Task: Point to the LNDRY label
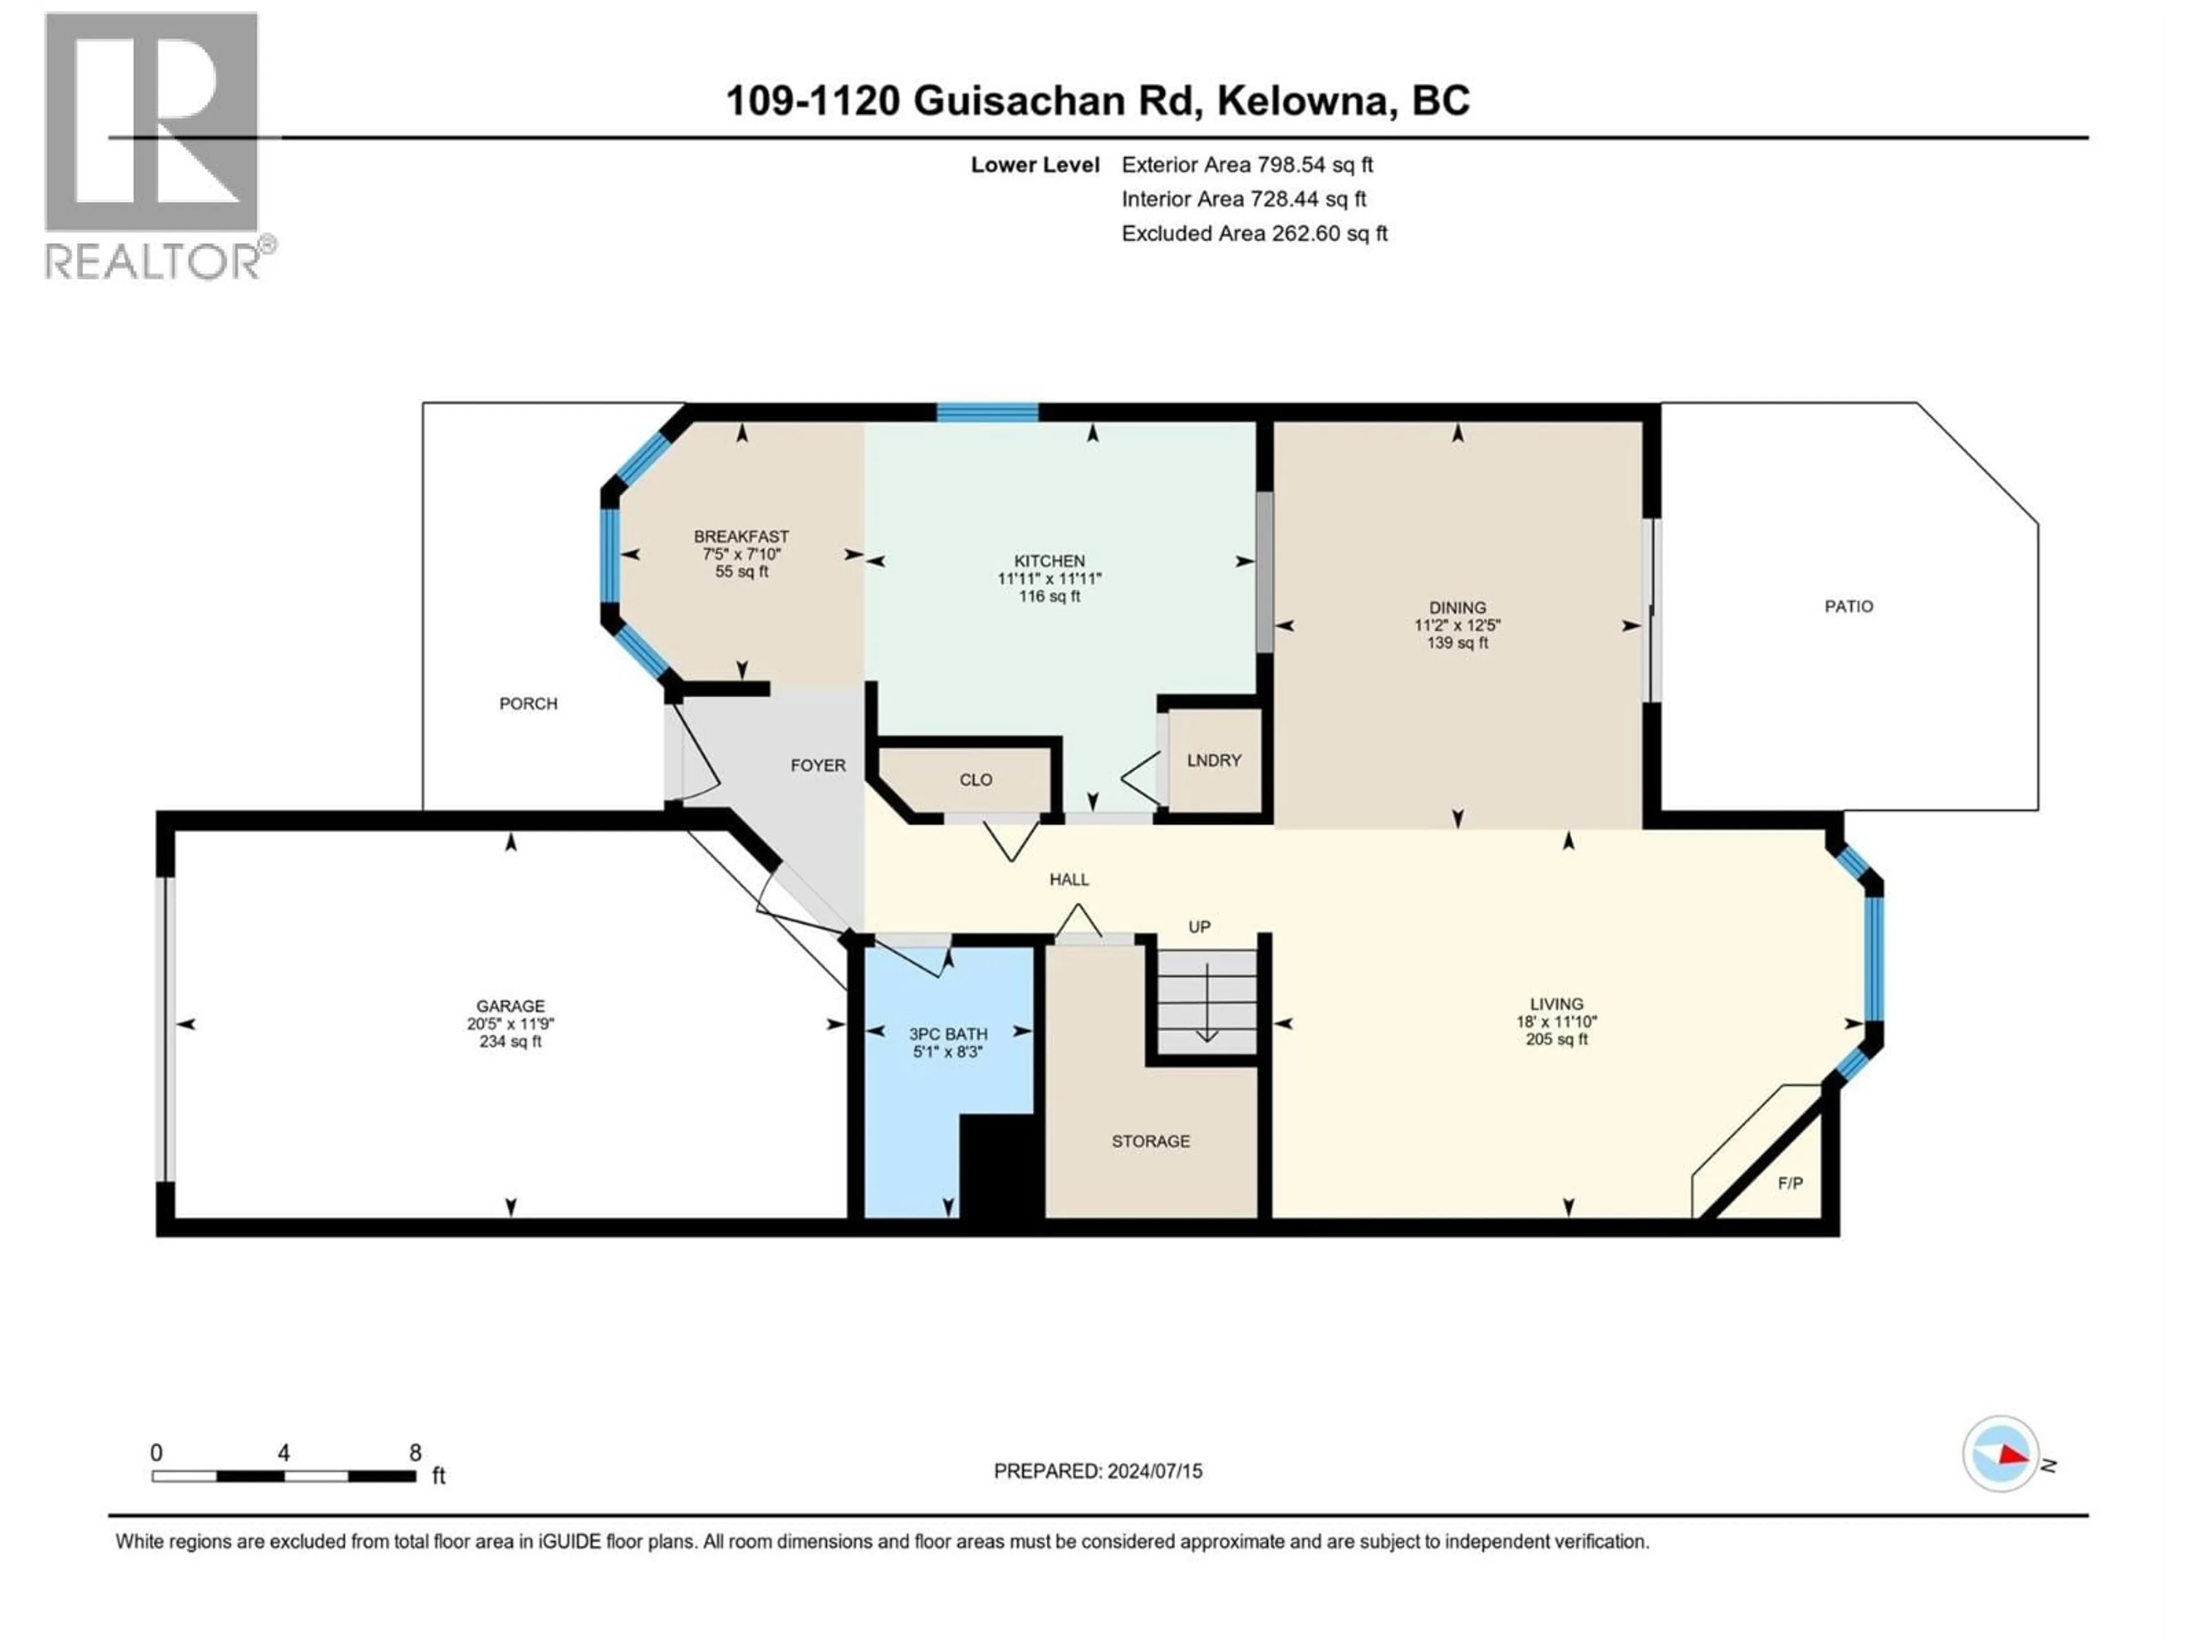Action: [x=1213, y=760]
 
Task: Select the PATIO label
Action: [x=1848, y=606]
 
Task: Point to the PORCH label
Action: [x=528, y=704]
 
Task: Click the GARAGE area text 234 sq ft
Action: [x=510, y=1042]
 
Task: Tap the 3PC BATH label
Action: [x=948, y=1033]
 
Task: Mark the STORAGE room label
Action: [x=1150, y=1141]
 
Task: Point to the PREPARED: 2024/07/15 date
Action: [x=1097, y=1471]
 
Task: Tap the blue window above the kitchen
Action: [x=988, y=412]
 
